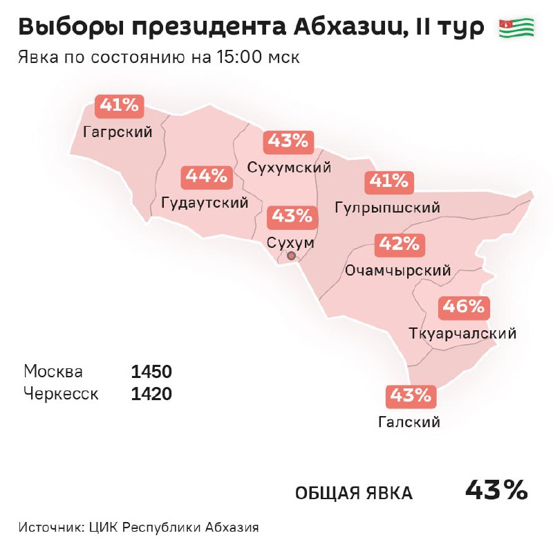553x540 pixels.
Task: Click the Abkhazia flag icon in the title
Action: tap(516, 28)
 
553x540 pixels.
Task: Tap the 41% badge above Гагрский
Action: tap(120, 105)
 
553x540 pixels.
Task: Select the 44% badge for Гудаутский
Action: tap(206, 177)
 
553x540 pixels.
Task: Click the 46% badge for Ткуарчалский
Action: tap(464, 307)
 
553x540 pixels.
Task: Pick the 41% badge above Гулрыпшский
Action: tap(389, 182)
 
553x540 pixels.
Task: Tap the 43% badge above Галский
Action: tap(410, 396)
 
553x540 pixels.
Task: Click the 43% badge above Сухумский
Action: tap(288, 142)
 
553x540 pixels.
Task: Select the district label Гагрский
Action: tap(118, 132)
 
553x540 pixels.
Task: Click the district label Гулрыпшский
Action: tap(387, 208)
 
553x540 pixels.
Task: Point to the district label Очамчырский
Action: tap(397, 271)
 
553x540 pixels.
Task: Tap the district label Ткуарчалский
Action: tap(462, 334)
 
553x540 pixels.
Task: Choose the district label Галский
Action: tap(409, 422)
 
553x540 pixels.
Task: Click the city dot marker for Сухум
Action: tap(291, 255)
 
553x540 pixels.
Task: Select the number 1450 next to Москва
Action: tap(151, 372)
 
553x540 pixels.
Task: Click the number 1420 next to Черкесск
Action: tap(151, 395)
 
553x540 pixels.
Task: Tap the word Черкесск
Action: tap(61, 395)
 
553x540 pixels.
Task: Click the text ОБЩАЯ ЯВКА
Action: tap(354, 493)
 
